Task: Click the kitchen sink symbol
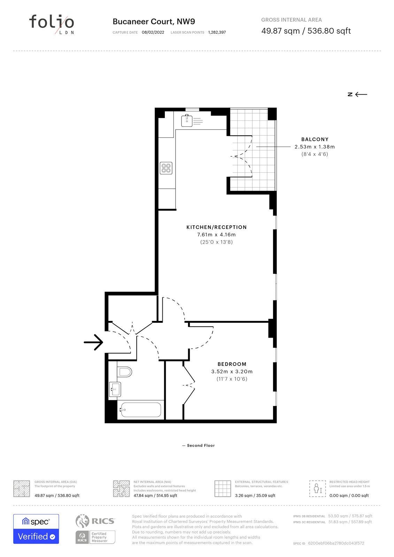187,120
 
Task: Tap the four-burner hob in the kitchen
166,168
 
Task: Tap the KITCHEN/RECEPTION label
216,227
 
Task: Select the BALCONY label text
315,139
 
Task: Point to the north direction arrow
361,94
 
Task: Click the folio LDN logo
52,24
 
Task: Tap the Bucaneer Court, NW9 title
154,21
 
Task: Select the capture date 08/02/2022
153,32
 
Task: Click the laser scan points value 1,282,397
217,32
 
